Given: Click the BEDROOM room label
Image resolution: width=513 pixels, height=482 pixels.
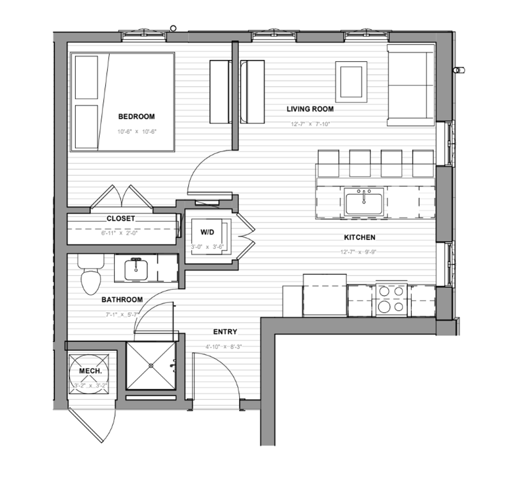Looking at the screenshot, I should point(136,116).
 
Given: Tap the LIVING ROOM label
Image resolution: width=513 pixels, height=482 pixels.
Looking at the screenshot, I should point(310,109).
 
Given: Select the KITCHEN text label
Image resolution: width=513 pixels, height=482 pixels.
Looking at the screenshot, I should point(359,237).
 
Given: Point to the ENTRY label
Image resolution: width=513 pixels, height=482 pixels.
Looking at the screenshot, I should point(225,332).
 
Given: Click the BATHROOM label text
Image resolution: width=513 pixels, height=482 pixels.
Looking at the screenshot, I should point(122,299).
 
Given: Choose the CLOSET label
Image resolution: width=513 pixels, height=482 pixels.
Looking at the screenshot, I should point(120,219).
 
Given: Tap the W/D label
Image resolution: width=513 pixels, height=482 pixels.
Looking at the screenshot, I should point(207,232).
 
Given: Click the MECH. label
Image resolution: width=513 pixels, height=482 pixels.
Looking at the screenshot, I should point(90,371).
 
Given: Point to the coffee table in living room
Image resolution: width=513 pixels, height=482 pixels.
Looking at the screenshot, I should point(351,81).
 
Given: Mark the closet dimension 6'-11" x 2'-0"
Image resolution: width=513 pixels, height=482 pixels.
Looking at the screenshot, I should point(120,233).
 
